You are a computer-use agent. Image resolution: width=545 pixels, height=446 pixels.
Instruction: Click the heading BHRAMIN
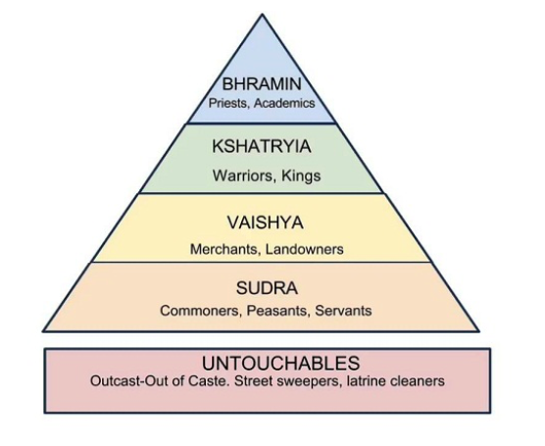(x=262, y=84)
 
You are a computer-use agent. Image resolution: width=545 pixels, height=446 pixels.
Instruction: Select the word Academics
(x=284, y=103)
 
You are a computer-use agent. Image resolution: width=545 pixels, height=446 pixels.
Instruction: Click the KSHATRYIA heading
(x=262, y=146)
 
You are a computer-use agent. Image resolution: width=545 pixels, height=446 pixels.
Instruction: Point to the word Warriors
(x=243, y=175)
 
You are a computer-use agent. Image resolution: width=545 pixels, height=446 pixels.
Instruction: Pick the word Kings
(x=301, y=175)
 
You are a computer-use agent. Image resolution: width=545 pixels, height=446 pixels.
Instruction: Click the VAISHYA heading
(x=266, y=223)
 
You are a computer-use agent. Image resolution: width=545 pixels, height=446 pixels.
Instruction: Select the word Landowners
(x=305, y=249)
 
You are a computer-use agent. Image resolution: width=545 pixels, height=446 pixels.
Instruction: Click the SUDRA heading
(x=267, y=288)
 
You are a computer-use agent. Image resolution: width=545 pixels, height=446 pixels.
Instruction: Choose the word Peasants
(x=277, y=311)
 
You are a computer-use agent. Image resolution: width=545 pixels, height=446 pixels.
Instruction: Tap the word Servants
(x=343, y=311)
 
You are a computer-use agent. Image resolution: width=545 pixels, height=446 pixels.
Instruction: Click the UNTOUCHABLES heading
(x=281, y=364)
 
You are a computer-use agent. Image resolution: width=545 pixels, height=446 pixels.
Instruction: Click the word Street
(x=251, y=381)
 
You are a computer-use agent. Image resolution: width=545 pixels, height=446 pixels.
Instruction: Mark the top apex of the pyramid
(x=263, y=15)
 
